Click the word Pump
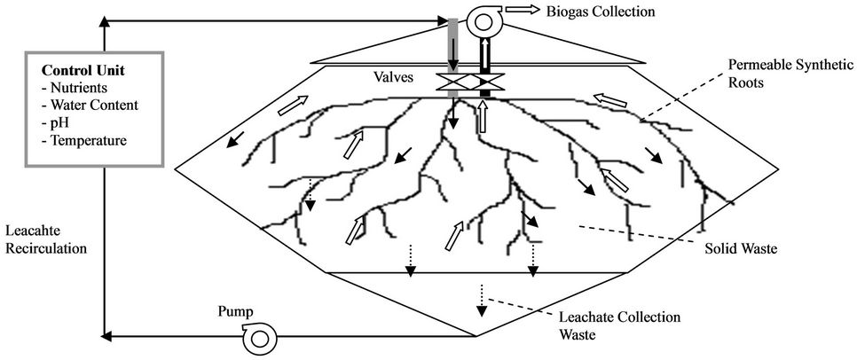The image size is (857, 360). coord(235,312)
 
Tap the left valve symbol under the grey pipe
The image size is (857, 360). coord(453,82)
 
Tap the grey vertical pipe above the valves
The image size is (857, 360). coord(453,44)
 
